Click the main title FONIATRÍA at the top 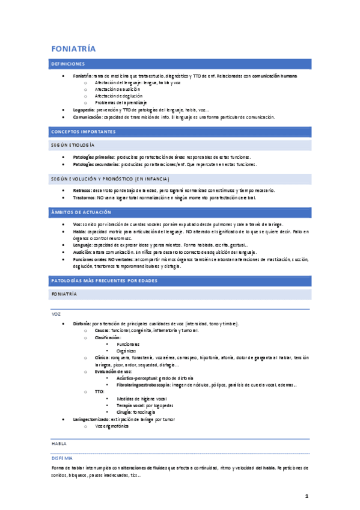(x=73, y=48)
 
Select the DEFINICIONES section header (x=68, y=64)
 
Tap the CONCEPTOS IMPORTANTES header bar (x=83, y=131)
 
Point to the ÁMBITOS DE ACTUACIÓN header (x=78, y=213)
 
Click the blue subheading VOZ (x=56, y=314)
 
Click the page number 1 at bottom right (x=306, y=496)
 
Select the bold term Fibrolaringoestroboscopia (x=141, y=384)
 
